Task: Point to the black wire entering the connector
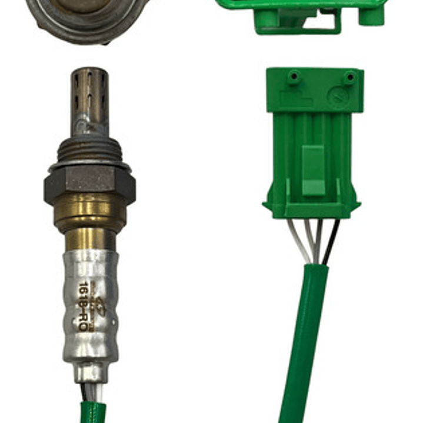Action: pyautogui.click(x=331, y=241)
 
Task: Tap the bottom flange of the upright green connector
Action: pyautogui.click(x=312, y=209)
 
